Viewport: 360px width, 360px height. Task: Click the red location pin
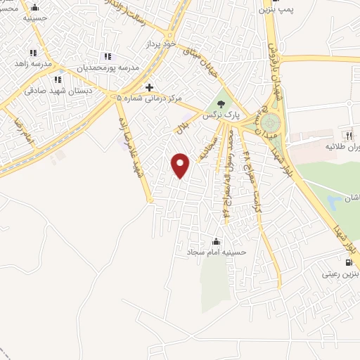pyautogui.click(x=181, y=165)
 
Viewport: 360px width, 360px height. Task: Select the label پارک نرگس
pyautogui.click(x=219, y=114)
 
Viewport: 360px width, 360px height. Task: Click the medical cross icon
pyautogui.click(x=149, y=88)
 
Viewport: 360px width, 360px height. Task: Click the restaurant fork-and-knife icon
pyautogui.click(x=347, y=135)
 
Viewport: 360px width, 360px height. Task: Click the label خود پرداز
pyautogui.click(x=159, y=44)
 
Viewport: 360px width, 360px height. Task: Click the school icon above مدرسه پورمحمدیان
pyautogui.click(x=108, y=56)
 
